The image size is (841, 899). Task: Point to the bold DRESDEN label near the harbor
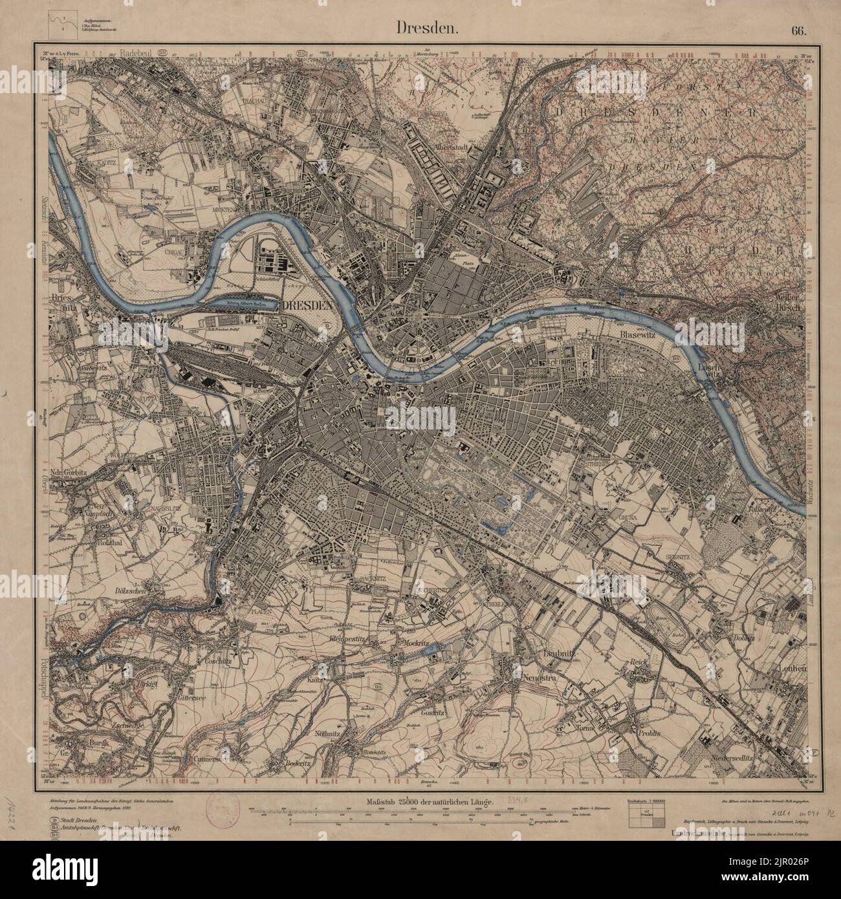click(308, 305)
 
